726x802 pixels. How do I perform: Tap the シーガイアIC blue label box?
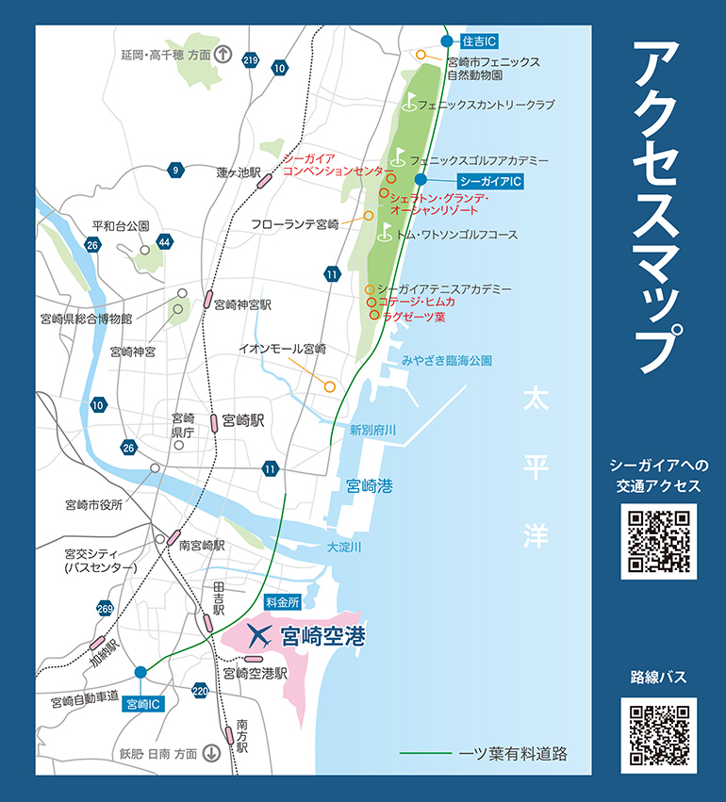[489, 179]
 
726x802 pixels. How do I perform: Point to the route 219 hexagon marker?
[250, 60]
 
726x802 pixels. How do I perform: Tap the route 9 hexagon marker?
[174, 170]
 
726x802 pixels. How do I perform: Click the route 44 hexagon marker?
[165, 242]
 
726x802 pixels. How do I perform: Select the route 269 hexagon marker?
[105, 610]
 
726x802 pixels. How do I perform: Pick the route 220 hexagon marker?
[200, 691]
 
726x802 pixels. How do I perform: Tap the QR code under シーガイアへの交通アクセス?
[658, 540]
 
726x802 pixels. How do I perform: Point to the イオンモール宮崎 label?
[282, 349]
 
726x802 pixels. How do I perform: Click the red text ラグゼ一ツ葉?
[414, 318]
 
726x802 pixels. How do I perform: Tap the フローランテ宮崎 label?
[294, 224]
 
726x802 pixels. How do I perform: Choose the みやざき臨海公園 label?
[446, 360]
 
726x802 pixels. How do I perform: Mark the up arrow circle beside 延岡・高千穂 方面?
[223, 54]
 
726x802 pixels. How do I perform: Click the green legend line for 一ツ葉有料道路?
[426, 754]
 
